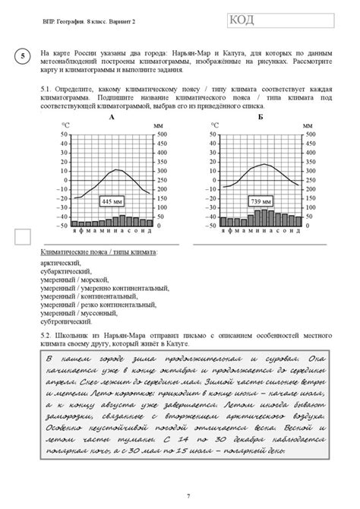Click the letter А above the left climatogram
click(x=111, y=117)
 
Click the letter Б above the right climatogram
click(x=261, y=117)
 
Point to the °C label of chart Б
click(x=213, y=125)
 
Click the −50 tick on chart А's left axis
click(x=62, y=226)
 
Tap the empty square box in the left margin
click(x=24, y=238)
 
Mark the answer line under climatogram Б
click(x=261, y=244)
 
